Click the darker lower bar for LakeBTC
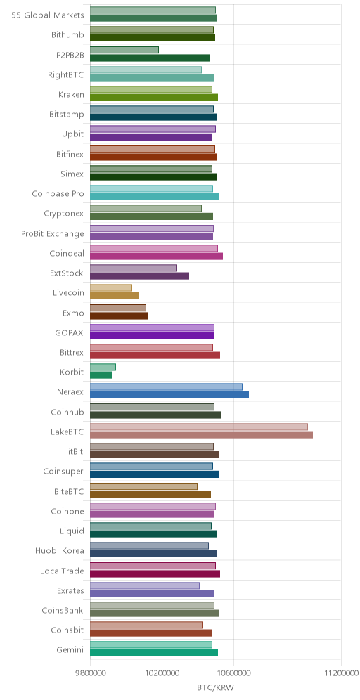coord(201,435)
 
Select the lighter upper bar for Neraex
coord(166,387)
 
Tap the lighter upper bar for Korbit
coord(103,367)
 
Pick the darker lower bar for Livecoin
coord(115,296)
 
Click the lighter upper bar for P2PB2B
coord(124,50)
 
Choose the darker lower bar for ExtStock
coord(139,276)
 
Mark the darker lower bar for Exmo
coord(120,316)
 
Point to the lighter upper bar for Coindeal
coord(154,248)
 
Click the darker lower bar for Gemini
coord(154,653)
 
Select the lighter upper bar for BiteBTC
coord(144,486)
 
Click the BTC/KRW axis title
coord(215,687)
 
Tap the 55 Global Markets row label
coord(48,15)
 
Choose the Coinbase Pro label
coord(58,194)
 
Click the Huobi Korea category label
coord(60,551)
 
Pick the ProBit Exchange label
coord(53,233)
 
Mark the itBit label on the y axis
coord(76,451)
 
